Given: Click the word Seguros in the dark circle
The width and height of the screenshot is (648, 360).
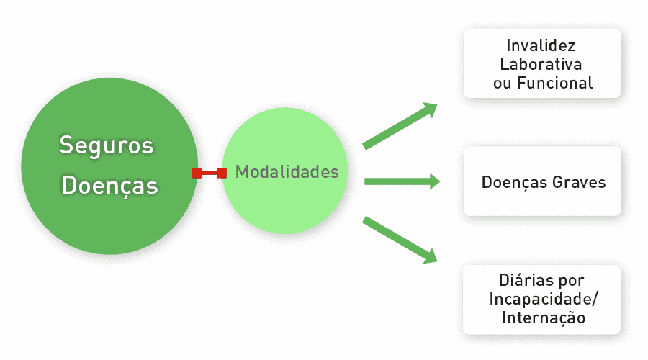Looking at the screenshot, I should (x=107, y=145).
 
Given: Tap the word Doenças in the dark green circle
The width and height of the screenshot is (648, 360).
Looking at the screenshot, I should (x=109, y=186).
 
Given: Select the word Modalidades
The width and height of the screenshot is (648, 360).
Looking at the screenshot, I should (x=287, y=173).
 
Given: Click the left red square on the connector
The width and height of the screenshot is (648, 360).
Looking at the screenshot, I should (x=196, y=173).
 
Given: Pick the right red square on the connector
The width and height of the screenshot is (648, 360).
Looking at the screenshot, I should (x=222, y=173).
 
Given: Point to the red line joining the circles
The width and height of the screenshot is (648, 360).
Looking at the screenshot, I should (x=209, y=173).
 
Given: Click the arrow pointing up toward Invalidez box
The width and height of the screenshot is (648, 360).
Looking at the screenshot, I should (x=400, y=127).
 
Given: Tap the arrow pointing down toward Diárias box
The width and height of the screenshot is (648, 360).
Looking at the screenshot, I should (x=400, y=238).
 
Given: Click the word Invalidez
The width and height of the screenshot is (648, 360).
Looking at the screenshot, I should (x=542, y=45).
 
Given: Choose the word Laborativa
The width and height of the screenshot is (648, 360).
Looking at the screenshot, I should (x=542, y=64).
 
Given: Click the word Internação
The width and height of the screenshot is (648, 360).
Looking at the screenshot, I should (x=543, y=318).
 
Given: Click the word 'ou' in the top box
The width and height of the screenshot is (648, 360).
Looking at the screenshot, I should (x=502, y=83).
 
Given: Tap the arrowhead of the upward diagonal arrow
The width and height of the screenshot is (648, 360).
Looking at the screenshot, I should (x=431, y=108).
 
